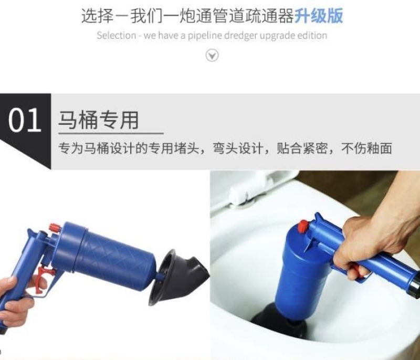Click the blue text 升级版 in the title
pos(319,16)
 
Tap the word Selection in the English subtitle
pos(116,35)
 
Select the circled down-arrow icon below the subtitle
pos(212,56)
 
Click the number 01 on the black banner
pos(25,121)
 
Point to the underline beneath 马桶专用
pos(111,133)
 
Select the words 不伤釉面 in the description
pos(366,148)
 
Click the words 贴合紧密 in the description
pos(302,148)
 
